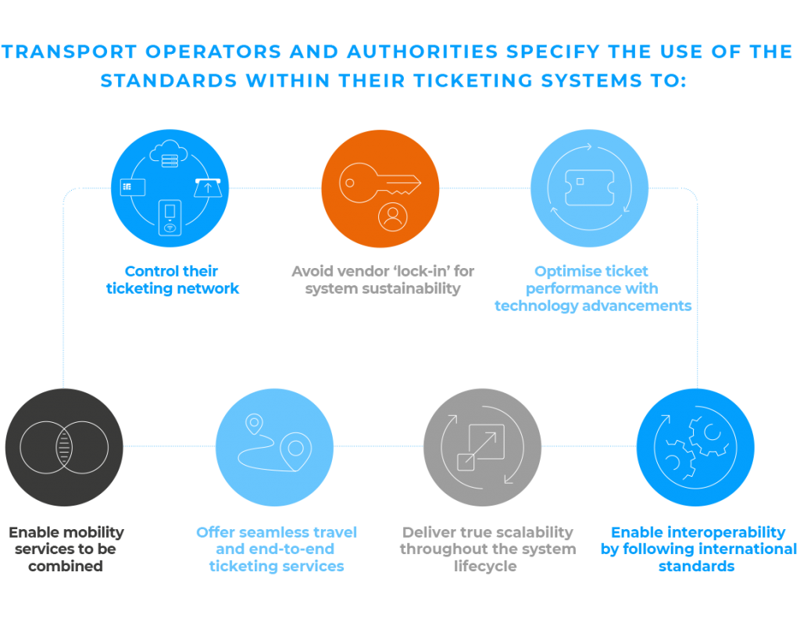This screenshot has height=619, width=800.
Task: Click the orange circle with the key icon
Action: click(380, 188)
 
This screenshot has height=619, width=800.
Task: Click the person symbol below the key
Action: click(393, 216)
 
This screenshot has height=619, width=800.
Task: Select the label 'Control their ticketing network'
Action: click(172, 280)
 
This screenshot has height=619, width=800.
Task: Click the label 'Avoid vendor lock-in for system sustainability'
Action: click(382, 280)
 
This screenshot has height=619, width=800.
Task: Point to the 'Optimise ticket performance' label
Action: click(592, 288)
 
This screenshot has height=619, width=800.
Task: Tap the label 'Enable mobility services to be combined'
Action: click(66, 549)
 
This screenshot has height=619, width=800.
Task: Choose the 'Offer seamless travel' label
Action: click(277, 549)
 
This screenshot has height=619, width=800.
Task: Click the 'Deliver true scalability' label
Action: click(487, 549)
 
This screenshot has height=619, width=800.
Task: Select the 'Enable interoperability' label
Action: click(698, 549)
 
